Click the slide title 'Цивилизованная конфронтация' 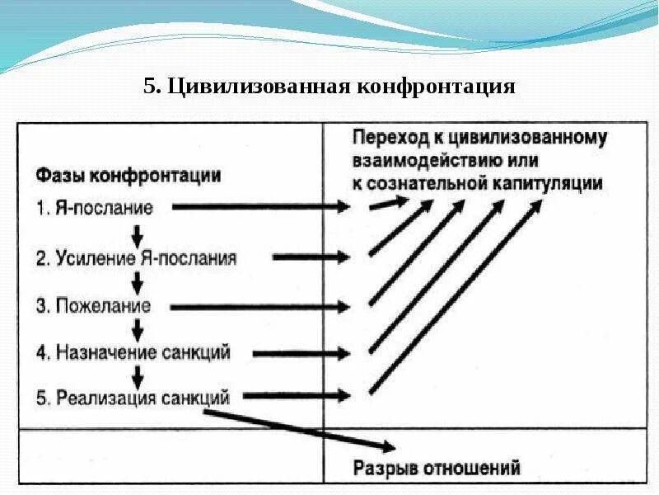(341, 87)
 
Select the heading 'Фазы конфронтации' (128, 176)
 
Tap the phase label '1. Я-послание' (95, 208)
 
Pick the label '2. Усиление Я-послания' (136, 257)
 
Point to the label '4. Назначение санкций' (133, 353)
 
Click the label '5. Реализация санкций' (132, 398)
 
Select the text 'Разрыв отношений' (437, 469)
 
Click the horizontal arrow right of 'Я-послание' (260, 208)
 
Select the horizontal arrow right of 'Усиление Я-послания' (311, 257)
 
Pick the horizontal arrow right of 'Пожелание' (260, 307)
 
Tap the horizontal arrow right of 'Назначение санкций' (301, 354)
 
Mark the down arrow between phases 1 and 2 (138, 233)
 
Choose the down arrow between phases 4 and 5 (138, 376)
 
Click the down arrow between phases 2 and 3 (138, 282)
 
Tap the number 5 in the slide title (150, 87)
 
